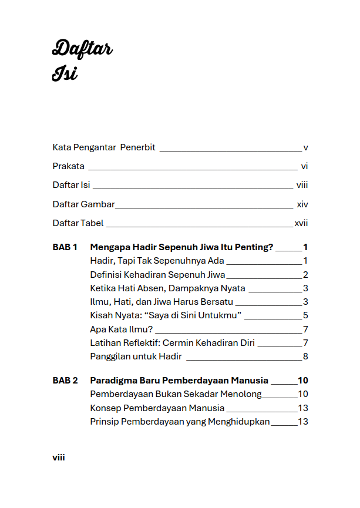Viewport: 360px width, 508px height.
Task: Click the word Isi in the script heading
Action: click(65, 74)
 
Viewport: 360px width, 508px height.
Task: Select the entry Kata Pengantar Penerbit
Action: click(104, 147)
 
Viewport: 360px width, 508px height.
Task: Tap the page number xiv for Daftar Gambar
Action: click(302, 204)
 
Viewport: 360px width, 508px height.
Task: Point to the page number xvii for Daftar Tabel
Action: click(301, 223)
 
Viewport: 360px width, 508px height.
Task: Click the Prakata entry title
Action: click(69, 166)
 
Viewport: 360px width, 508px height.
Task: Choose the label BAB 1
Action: click(65, 247)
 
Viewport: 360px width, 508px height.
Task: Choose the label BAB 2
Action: click(65, 381)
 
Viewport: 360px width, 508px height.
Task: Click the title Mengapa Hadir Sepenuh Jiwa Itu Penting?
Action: click(181, 247)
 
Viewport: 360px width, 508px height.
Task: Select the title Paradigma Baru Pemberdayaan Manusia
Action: click(179, 381)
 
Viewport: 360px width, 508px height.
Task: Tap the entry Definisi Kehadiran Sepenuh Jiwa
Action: click(157, 275)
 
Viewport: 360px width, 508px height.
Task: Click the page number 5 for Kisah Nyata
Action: click(305, 315)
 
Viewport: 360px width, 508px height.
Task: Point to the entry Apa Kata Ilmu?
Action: click(121, 329)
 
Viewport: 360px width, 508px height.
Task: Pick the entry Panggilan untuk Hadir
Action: click(136, 356)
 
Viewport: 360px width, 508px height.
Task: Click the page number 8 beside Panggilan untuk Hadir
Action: click(305, 356)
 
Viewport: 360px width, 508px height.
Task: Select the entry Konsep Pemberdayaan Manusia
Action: click(157, 408)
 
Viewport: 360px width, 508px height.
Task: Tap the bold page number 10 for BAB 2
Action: click(303, 381)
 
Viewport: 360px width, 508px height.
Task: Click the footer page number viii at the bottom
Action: click(59, 457)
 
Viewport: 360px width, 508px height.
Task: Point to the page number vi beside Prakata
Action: click(304, 166)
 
